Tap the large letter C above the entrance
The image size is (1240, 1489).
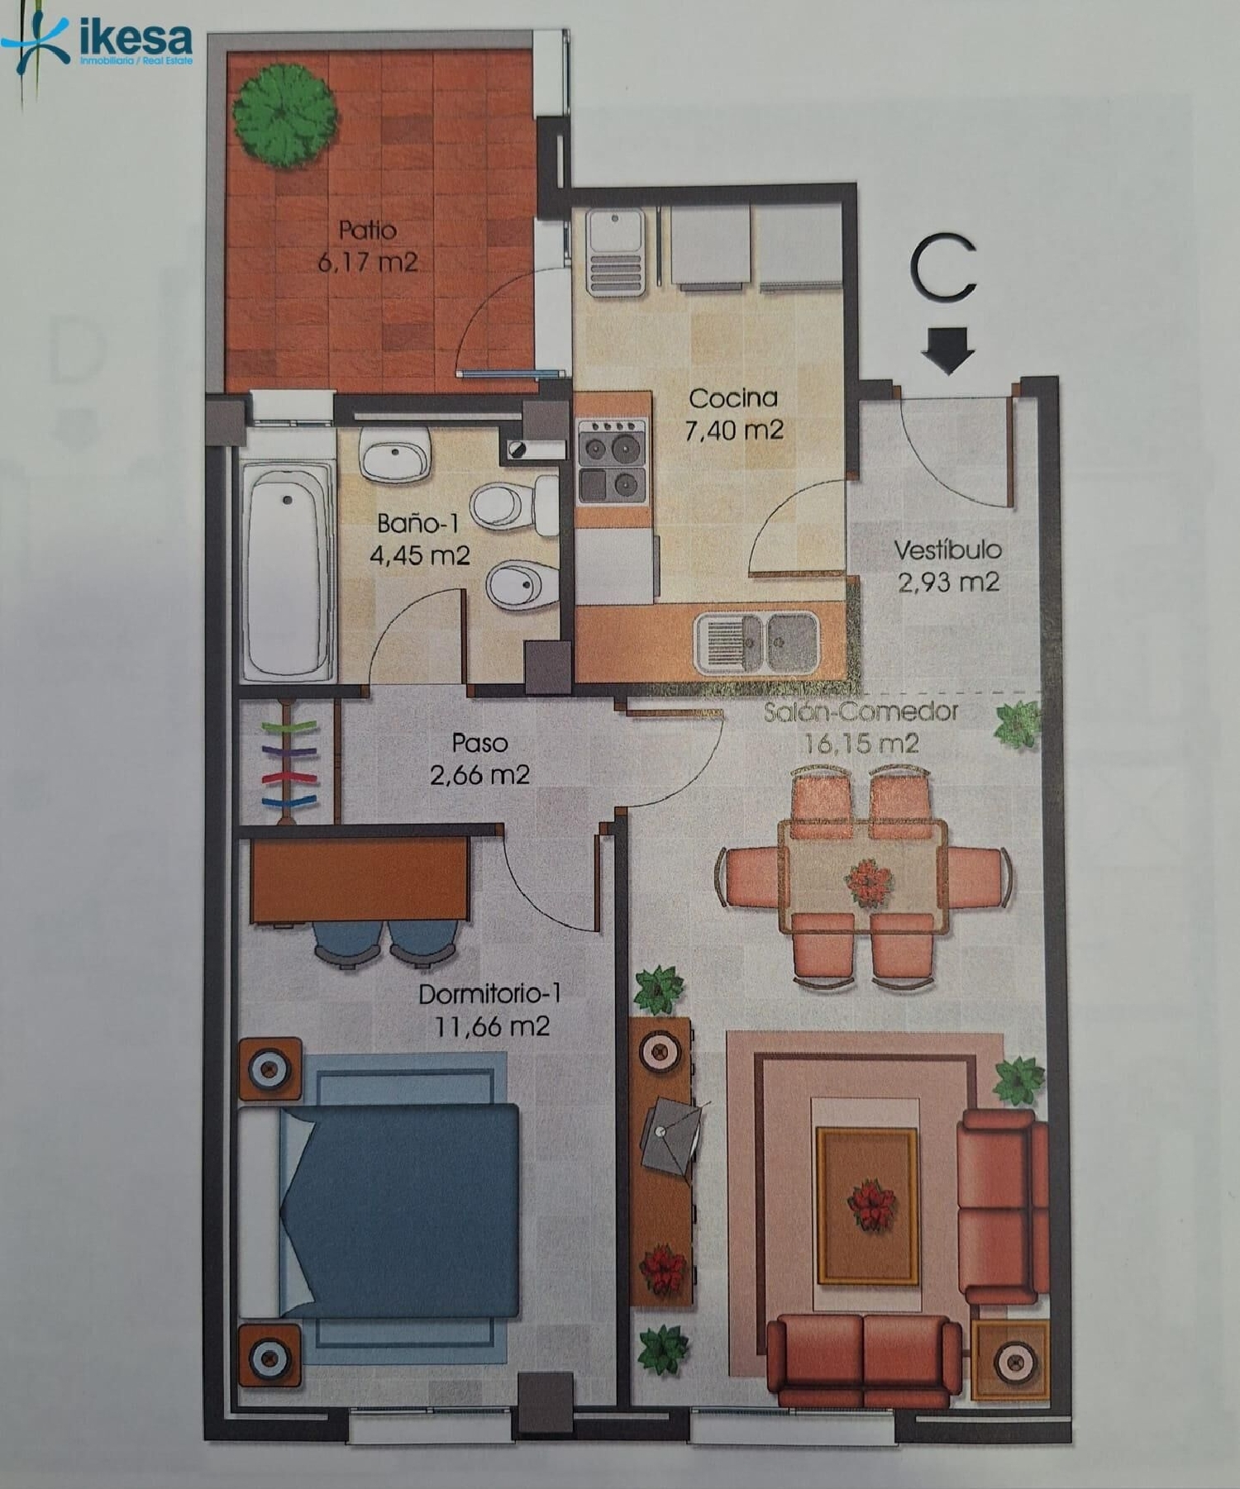point(943,269)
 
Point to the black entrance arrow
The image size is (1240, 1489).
point(948,350)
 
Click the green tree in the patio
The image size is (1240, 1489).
point(284,116)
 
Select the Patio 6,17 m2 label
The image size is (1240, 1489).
point(368,246)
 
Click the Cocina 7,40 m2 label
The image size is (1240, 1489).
point(733,414)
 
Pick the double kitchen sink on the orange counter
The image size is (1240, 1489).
point(757,642)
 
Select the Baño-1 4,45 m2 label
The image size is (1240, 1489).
point(419,539)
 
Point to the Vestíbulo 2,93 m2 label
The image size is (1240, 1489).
point(947,566)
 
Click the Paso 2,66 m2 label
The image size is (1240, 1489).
point(479,759)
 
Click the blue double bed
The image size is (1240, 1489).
point(397,1211)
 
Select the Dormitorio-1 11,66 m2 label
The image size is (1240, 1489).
point(490,1010)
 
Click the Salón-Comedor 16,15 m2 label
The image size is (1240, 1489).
point(861,727)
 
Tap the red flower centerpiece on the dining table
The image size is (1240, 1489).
point(868,882)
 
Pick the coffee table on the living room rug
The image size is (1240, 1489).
point(867,1206)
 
